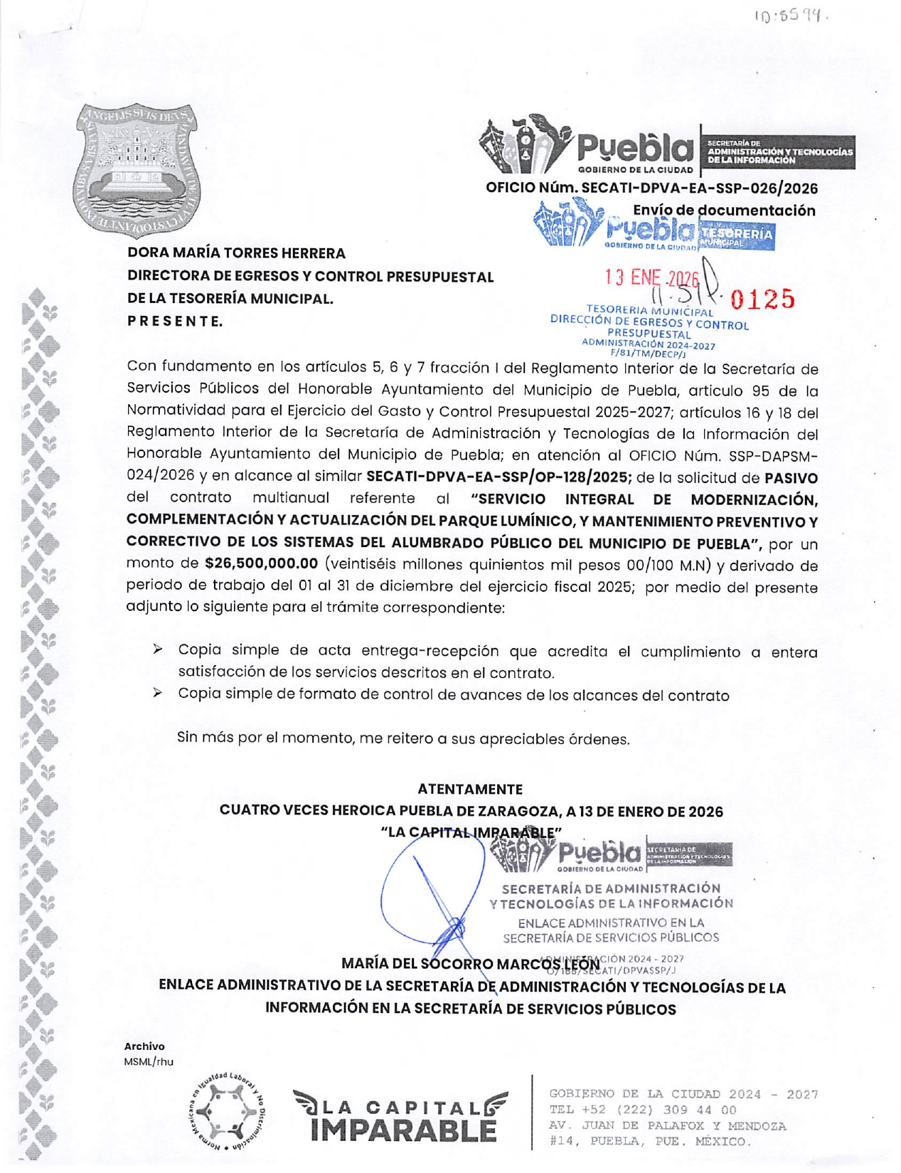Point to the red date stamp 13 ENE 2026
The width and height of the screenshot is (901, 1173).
[x=652, y=279]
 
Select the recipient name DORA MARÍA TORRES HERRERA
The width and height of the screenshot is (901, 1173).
[x=236, y=253]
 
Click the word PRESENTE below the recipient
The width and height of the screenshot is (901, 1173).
[x=175, y=322]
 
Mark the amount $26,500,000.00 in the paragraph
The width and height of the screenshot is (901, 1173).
[x=261, y=564]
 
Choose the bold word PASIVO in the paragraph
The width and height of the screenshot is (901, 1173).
[x=790, y=478]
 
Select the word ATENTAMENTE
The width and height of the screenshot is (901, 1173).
[x=470, y=789]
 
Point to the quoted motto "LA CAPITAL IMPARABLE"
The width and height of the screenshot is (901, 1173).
[x=471, y=832]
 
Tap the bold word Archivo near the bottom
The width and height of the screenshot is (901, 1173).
[x=144, y=1046]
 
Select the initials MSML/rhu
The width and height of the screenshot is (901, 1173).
[x=149, y=1062]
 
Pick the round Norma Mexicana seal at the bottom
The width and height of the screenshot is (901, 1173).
[x=230, y=1110]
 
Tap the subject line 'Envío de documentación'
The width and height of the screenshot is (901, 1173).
[x=723, y=211]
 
